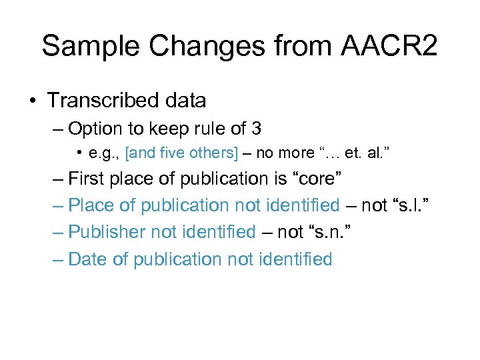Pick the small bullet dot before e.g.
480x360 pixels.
(x=80, y=153)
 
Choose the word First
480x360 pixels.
(x=91, y=179)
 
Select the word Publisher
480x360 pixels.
(x=108, y=232)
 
